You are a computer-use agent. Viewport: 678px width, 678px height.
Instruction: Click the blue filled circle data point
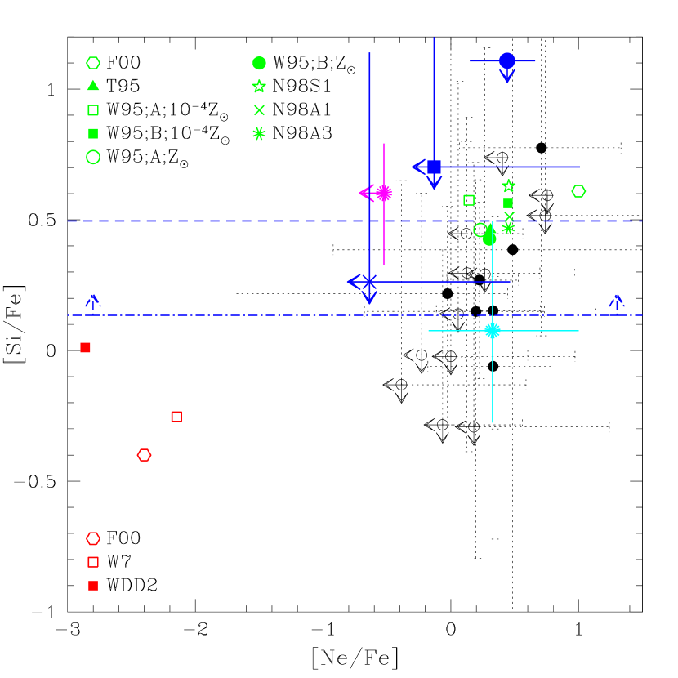[507, 60]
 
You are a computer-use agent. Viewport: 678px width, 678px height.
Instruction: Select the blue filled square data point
[435, 167]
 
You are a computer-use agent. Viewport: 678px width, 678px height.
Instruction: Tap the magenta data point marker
[384, 193]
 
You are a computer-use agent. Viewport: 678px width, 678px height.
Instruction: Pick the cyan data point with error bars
[493, 331]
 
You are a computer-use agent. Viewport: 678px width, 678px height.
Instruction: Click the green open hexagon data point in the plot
[578, 191]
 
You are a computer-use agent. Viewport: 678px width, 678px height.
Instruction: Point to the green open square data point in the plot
[469, 200]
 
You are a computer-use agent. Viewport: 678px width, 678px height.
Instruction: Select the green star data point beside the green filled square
[508, 186]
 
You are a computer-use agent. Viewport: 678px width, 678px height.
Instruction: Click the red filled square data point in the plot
[85, 347]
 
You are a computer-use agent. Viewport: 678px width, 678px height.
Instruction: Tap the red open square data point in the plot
[176, 417]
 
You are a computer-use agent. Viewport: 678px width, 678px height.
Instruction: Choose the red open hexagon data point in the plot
[145, 455]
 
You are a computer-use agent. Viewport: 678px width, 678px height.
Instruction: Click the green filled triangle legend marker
[93, 86]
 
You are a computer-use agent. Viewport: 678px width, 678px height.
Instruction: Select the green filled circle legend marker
[259, 63]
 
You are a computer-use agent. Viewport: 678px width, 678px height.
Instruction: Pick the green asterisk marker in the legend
[259, 133]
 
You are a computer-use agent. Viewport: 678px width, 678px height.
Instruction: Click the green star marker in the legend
[259, 86]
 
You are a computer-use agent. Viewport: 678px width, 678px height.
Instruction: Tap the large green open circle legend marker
[93, 157]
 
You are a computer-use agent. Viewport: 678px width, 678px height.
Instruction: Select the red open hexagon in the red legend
[93, 538]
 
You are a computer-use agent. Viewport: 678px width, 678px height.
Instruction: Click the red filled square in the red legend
[93, 586]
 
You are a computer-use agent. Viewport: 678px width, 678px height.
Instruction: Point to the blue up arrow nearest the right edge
[617, 301]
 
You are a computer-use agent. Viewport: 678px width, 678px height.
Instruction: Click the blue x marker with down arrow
[369, 282]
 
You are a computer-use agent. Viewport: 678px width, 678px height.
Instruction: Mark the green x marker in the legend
[259, 109]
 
